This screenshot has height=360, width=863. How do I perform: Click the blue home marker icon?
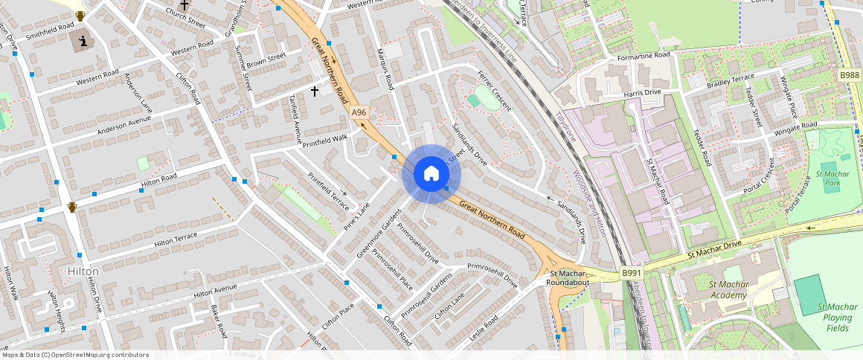[431, 174]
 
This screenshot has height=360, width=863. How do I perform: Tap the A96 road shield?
[359, 112]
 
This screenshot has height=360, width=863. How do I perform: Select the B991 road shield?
[632, 273]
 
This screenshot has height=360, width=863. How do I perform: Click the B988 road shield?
[850, 75]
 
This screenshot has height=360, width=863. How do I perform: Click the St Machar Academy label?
[728, 289]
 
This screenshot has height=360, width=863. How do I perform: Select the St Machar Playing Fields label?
[837, 317]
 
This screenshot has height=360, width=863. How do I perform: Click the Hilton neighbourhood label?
[82, 271]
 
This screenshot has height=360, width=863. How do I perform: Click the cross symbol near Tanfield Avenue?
[315, 91]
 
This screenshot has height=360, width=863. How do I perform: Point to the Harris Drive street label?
[642, 92]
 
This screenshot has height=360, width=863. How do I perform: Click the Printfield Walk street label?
[324, 138]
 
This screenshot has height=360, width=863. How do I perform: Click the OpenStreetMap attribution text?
[74, 355]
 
